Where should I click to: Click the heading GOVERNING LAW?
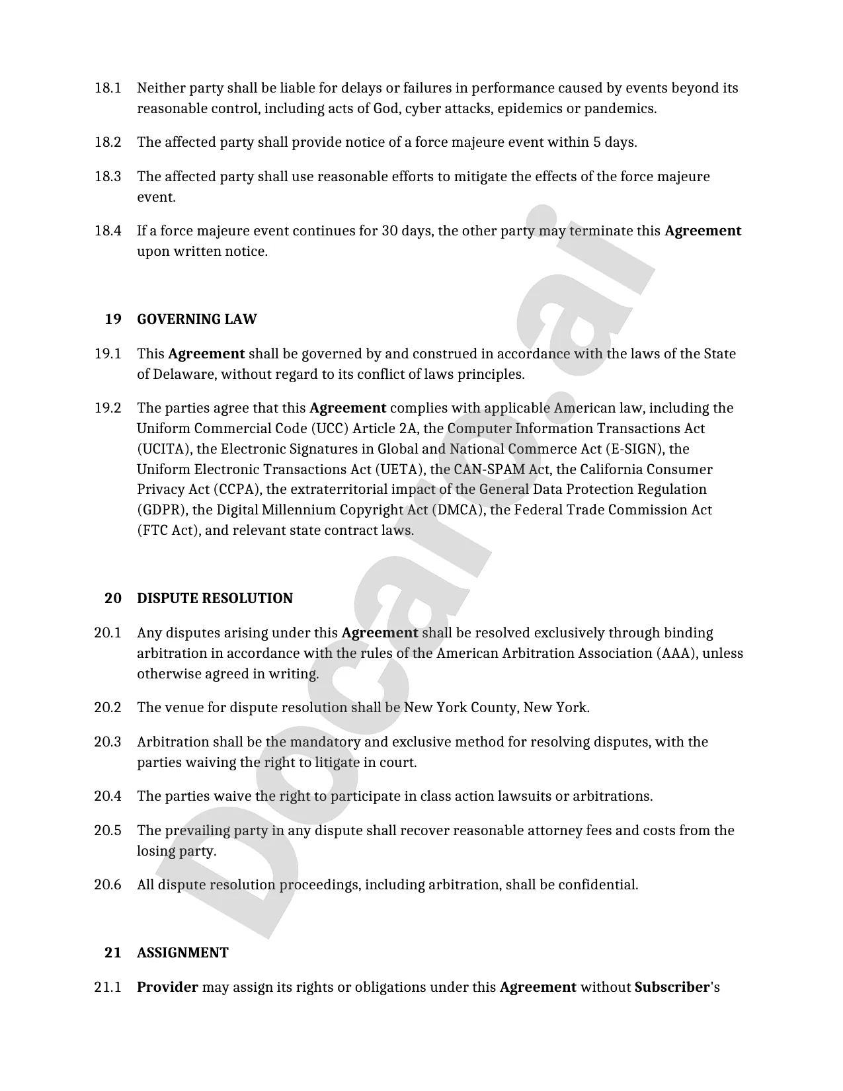click(196, 319)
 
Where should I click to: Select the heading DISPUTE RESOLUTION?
click(214, 598)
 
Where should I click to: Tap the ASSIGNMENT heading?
click(182, 953)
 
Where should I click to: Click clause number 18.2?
click(108, 142)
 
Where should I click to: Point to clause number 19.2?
click(108, 408)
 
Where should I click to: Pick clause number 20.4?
click(108, 796)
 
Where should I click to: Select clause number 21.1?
click(108, 987)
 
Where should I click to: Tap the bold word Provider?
click(167, 987)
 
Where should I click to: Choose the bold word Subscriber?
click(671, 987)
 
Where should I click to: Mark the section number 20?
click(113, 598)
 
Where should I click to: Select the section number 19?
click(113, 319)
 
